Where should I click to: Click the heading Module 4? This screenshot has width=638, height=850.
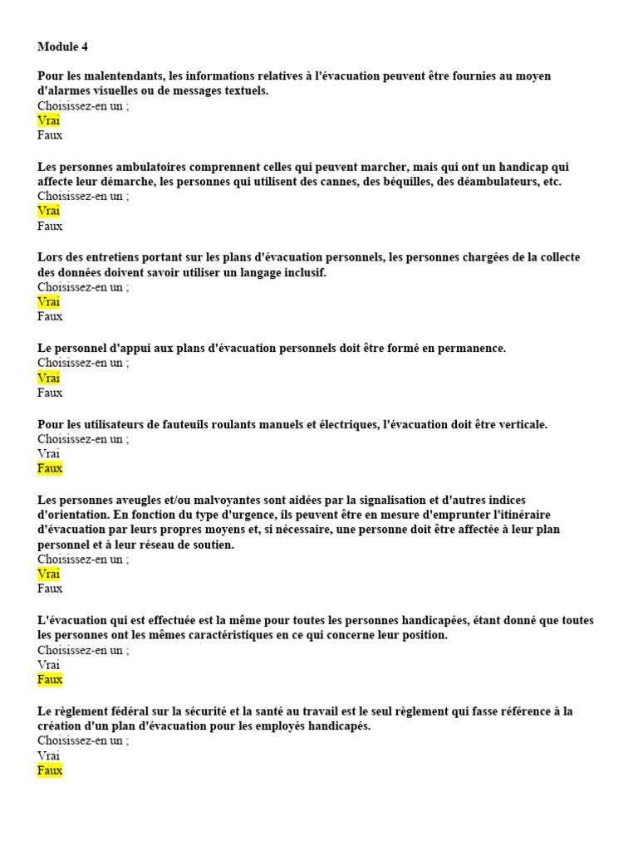(x=62, y=46)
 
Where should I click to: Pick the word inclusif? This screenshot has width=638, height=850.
(x=302, y=272)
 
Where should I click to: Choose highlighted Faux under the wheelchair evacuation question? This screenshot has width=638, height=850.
(x=50, y=469)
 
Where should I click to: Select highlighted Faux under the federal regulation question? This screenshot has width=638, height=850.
(x=50, y=770)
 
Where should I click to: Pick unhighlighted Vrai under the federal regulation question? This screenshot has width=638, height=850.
(x=48, y=755)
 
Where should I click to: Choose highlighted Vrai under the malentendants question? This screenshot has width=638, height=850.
(x=48, y=120)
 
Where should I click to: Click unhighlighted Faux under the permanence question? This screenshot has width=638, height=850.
(x=50, y=393)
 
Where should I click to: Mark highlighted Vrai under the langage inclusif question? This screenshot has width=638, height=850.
(x=48, y=302)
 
